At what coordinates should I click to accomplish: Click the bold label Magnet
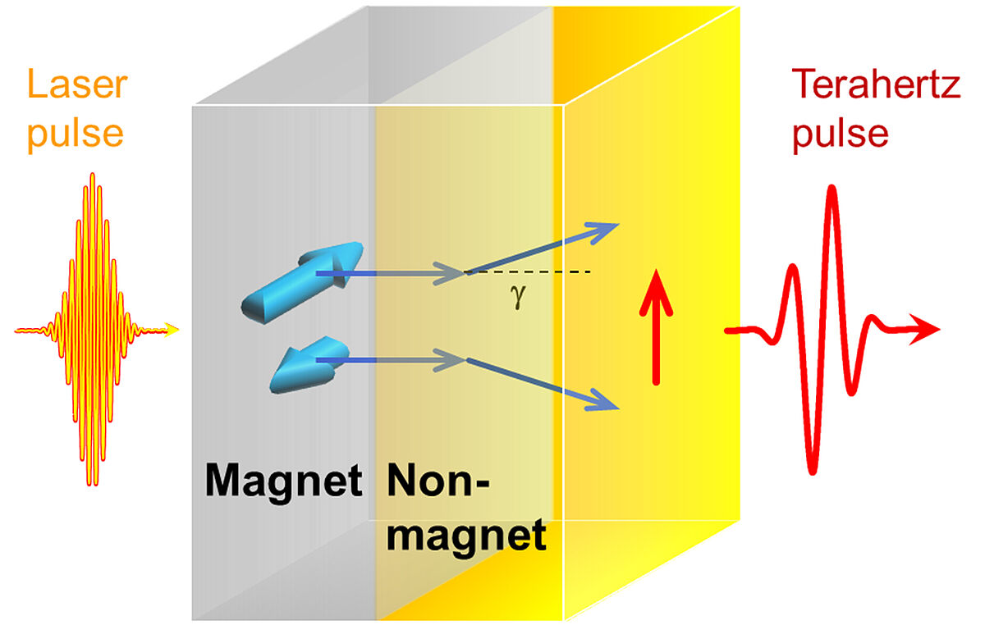click(x=283, y=481)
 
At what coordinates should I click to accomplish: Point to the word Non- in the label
click(x=436, y=481)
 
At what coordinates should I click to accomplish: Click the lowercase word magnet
click(x=465, y=535)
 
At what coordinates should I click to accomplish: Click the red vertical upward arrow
click(x=656, y=328)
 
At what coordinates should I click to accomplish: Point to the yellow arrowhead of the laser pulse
click(x=170, y=331)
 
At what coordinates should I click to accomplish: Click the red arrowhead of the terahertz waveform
click(x=928, y=330)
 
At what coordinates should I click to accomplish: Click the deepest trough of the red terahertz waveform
click(x=813, y=469)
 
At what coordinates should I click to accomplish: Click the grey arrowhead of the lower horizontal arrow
click(x=456, y=359)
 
